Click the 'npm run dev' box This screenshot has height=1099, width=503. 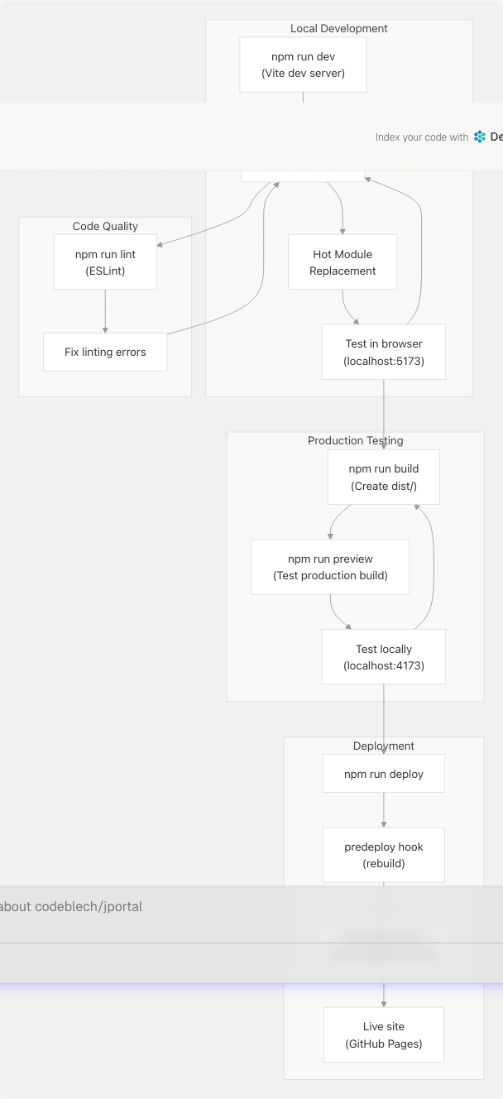pos(303,65)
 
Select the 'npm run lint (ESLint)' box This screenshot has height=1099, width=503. pos(105,262)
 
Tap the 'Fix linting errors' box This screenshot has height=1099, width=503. pos(105,352)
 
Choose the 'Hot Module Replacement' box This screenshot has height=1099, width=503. pos(343,262)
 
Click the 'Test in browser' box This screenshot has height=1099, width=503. pos(384,352)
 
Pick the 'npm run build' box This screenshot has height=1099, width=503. pos(384,477)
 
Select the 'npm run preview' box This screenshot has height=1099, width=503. pos(330,567)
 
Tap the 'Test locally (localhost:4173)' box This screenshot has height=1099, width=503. pos(384,657)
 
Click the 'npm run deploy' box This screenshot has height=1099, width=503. pos(384,774)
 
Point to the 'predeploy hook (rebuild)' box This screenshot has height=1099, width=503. pos(384,855)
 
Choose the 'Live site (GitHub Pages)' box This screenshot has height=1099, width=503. pos(384,1034)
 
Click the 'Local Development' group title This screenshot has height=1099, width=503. pos(339,28)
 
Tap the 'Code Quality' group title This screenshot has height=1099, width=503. pos(105,226)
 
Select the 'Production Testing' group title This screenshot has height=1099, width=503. pos(356,440)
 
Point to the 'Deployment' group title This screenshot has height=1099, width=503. pos(384,746)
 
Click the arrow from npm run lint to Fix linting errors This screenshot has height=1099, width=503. pos(105,311)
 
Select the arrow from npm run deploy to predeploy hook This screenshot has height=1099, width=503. pos(384,809)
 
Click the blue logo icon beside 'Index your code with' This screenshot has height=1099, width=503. pos(480,137)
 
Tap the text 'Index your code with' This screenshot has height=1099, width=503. pos(422,137)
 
